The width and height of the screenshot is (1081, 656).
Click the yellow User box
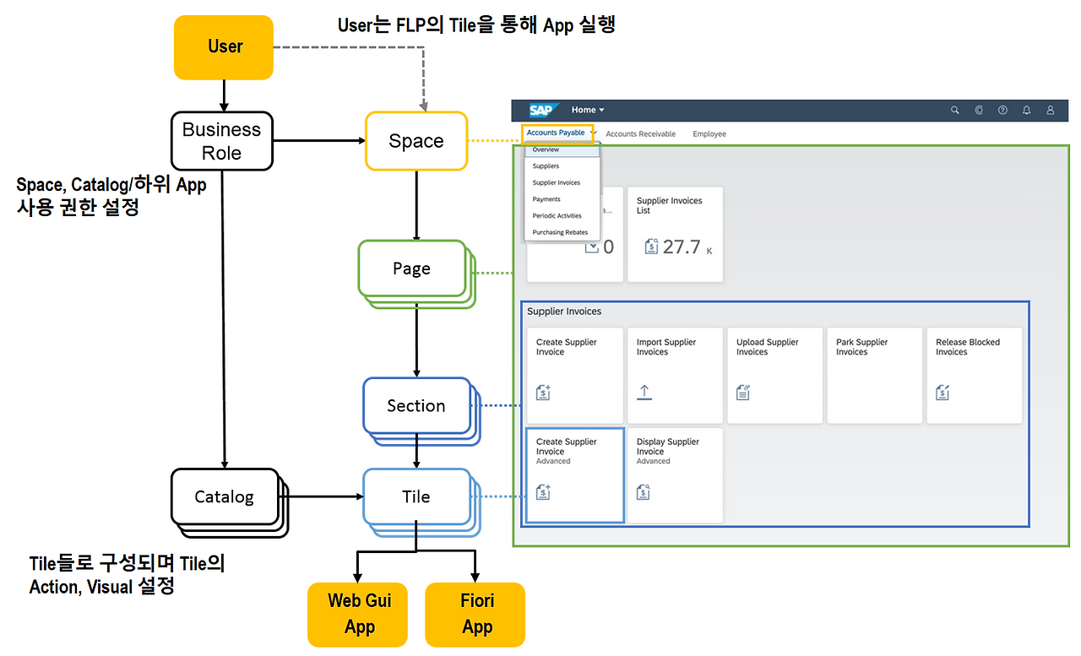[224, 47]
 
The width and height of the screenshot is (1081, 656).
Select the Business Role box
[222, 141]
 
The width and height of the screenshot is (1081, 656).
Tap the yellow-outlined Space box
[416, 141]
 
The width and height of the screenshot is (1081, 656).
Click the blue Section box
[416, 406]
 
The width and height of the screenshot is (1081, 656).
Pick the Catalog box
[224, 497]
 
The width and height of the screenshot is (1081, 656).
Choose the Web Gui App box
[359, 614]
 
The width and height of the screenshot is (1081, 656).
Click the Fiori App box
[476, 614]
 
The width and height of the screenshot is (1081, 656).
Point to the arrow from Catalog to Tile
[321, 496]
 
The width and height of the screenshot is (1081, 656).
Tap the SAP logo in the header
[540, 110]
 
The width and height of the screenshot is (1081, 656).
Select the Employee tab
[709, 133]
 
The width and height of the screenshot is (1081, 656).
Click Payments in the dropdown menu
[546, 199]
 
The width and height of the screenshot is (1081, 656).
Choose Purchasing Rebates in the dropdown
[560, 232]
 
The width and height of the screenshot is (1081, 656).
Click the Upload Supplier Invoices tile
[774, 375]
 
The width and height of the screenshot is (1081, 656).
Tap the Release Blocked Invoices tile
[974, 375]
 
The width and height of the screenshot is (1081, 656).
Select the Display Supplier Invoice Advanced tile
[675, 474]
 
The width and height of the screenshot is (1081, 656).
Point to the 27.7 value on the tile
[681, 247]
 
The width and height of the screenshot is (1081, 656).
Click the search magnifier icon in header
[955, 110]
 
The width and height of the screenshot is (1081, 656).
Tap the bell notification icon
[1026, 110]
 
